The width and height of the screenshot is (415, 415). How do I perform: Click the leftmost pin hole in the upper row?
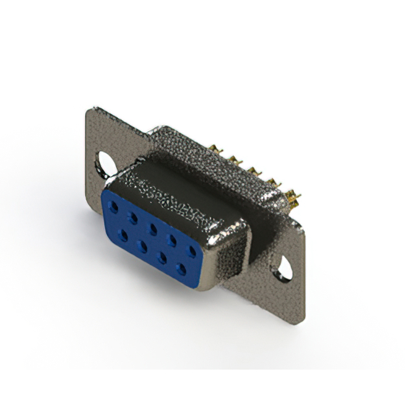point(115,206)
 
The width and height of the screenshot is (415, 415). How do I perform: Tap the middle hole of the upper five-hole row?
point(153,228)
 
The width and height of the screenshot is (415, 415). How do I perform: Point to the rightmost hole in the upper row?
point(192,250)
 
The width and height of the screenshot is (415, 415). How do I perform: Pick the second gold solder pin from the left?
point(234,159)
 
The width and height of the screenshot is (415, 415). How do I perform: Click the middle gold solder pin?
point(250,170)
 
